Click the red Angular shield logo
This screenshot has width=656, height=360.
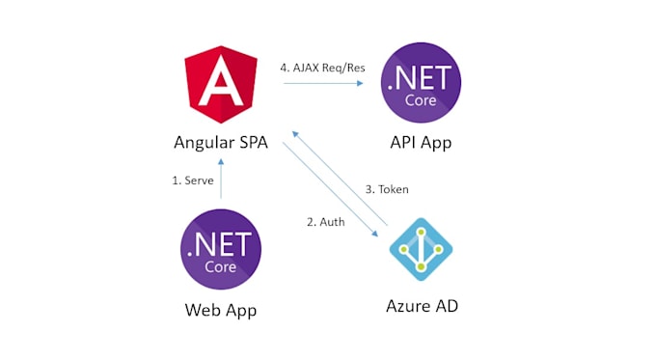[x=221, y=85]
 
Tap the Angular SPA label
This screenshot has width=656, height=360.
[x=221, y=143]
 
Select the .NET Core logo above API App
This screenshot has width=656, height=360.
[x=421, y=82]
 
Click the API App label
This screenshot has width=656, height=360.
[x=421, y=143]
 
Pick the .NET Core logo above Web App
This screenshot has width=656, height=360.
[x=221, y=249]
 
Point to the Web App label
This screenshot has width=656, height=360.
[x=221, y=310]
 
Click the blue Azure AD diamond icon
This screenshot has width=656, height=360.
[x=421, y=249]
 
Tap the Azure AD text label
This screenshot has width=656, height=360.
[x=422, y=306]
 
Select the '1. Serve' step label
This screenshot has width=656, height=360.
[x=193, y=180]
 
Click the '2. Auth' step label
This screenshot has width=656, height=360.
[x=326, y=222]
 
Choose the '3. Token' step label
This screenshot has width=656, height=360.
[x=387, y=189]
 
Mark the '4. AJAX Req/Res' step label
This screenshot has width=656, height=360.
[x=322, y=68]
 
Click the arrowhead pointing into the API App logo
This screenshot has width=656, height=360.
[x=360, y=83]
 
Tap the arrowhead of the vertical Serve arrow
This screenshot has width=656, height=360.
[x=221, y=161]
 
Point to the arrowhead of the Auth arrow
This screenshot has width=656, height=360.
[x=375, y=234]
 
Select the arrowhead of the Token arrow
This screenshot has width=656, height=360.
[x=295, y=134]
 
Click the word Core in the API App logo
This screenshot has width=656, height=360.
[x=421, y=100]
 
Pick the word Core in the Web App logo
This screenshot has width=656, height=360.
[x=221, y=267]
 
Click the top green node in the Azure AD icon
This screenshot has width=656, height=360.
[x=422, y=232]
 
